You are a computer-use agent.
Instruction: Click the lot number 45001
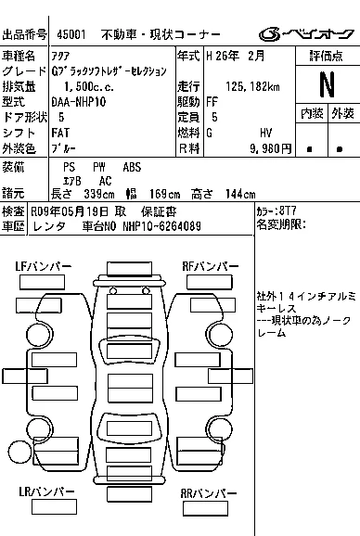coord(71,34)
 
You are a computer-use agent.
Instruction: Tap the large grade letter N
coord(327,84)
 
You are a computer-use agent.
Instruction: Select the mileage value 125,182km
coord(252,86)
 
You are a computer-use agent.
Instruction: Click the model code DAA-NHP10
coord(79,102)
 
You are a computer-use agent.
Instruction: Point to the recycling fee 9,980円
coord(270,148)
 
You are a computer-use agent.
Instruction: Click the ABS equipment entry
coord(132,167)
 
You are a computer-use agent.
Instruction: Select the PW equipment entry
coord(98,167)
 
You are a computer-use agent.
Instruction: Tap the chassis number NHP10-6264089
coord(161,226)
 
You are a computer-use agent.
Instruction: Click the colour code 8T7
coord(288,211)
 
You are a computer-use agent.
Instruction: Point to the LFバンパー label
coord(43,267)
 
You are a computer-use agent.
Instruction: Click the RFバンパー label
coord(211,266)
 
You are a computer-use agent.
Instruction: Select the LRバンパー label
coord(46,491)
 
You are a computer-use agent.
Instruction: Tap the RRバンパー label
coord(209,493)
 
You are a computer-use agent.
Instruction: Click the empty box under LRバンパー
coord(54,506)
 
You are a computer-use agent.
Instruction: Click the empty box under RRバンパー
coord(205,508)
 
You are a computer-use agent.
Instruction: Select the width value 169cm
coord(165,194)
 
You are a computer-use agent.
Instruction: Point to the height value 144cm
coord(240,194)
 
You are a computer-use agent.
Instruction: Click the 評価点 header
coord(327,56)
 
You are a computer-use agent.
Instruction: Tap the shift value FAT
coord(60,133)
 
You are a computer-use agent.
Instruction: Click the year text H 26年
coord(223,56)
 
